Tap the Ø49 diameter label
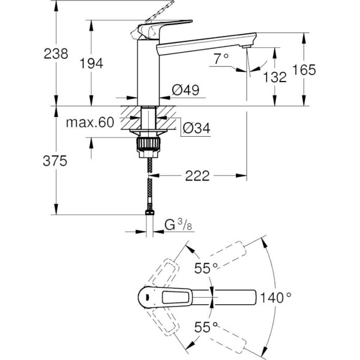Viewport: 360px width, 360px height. tap(185, 90)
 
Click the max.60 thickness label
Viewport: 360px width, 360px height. tap(90, 123)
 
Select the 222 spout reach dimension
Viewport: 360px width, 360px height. tap(197, 176)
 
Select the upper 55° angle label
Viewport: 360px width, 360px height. tap(205, 268)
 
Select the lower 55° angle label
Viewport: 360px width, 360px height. tap(205, 327)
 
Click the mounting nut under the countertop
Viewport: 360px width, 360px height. tap(148, 145)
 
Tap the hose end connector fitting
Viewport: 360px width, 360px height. tap(148, 211)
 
